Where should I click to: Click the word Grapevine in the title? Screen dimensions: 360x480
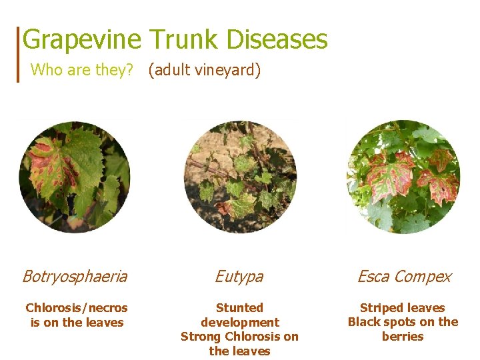[81, 40]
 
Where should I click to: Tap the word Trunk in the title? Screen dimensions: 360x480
[183, 40]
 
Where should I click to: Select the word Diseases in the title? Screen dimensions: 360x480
[277, 40]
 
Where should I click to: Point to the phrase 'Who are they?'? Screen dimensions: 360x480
[83, 69]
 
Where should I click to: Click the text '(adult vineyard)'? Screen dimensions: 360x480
[204, 69]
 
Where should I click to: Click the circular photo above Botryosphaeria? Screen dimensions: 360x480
[75, 177]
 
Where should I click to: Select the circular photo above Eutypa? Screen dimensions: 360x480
[240, 177]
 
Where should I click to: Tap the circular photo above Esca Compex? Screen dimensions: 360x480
[403, 177]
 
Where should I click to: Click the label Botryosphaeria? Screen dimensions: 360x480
[75, 276]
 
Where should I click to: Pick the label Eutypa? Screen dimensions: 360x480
[239, 276]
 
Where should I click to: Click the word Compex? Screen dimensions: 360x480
[425, 276]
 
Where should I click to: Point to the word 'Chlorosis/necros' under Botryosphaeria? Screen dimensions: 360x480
[77, 308]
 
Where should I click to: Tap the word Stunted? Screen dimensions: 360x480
[239, 308]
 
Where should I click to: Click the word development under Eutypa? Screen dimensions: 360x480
[239, 323]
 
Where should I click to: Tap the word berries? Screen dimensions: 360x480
[403, 337]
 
